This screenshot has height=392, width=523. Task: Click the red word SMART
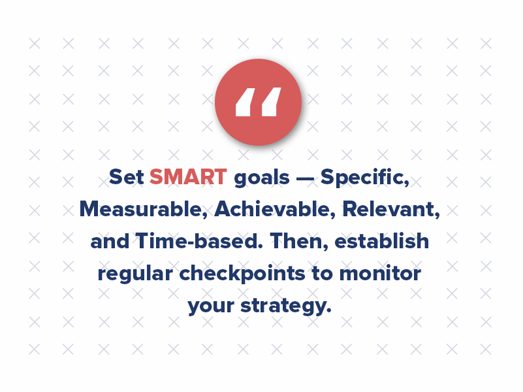(x=188, y=177)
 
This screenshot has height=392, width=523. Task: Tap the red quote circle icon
(x=258, y=102)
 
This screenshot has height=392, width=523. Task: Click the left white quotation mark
(x=245, y=102)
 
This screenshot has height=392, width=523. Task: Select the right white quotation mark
(x=270, y=102)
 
